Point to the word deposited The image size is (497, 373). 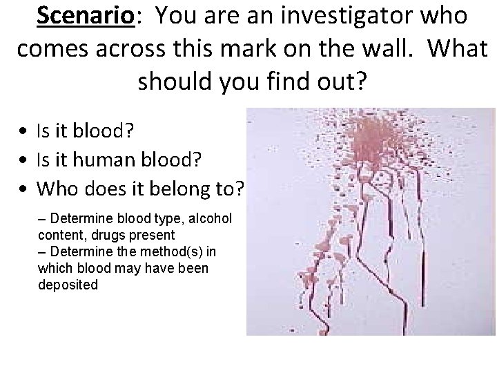click(x=68, y=285)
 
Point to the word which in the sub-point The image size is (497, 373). click(x=57, y=269)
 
